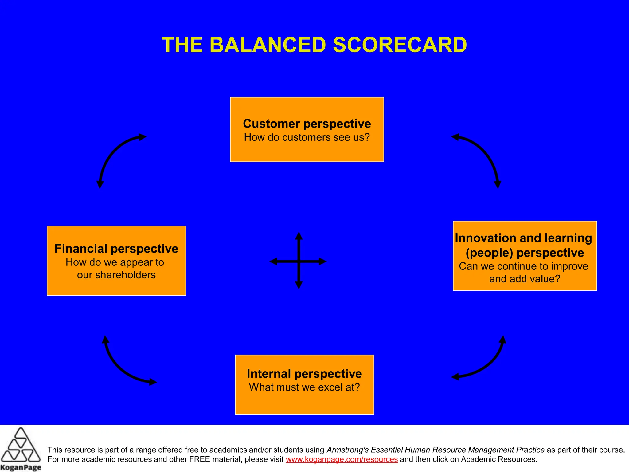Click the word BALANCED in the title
(x=268, y=45)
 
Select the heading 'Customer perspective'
(x=307, y=124)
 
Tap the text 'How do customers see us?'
(x=307, y=137)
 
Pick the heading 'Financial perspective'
(x=116, y=249)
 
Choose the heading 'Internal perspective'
(x=304, y=374)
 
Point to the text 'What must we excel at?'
(x=304, y=387)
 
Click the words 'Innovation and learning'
(x=523, y=238)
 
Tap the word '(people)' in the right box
(x=489, y=253)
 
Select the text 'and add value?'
(x=525, y=279)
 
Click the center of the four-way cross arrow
(x=299, y=262)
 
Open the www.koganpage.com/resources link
(x=342, y=459)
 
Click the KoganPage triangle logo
(x=20, y=446)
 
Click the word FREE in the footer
(x=197, y=459)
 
